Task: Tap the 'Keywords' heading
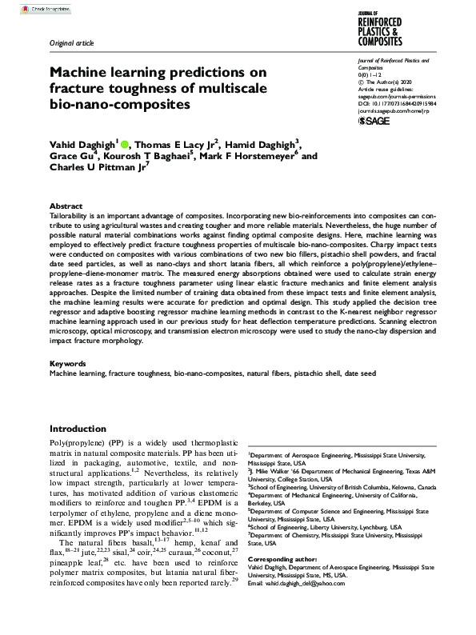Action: tap(68, 363)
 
